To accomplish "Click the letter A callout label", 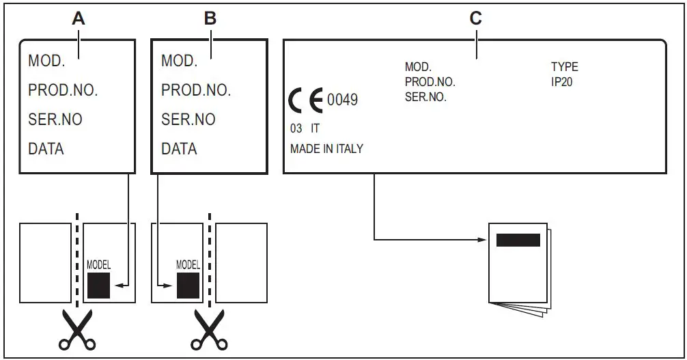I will tap(79, 18).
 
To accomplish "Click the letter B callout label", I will tap(210, 18).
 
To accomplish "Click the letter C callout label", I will tap(476, 18).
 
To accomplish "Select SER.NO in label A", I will tap(55, 120).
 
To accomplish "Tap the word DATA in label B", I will tap(179, 148).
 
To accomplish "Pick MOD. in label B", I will tap(179, 61).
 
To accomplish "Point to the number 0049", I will tap(342, 100).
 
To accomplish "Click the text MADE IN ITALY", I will tap(326, 148).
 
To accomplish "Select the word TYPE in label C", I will tap(564, 67).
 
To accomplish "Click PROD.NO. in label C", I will tap(430, 82).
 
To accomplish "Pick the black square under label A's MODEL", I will tap(98, 285).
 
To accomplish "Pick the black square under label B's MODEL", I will tap(187, 285).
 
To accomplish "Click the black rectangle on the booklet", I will tap(518, 240).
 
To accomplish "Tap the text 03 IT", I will tap(305, 128).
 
